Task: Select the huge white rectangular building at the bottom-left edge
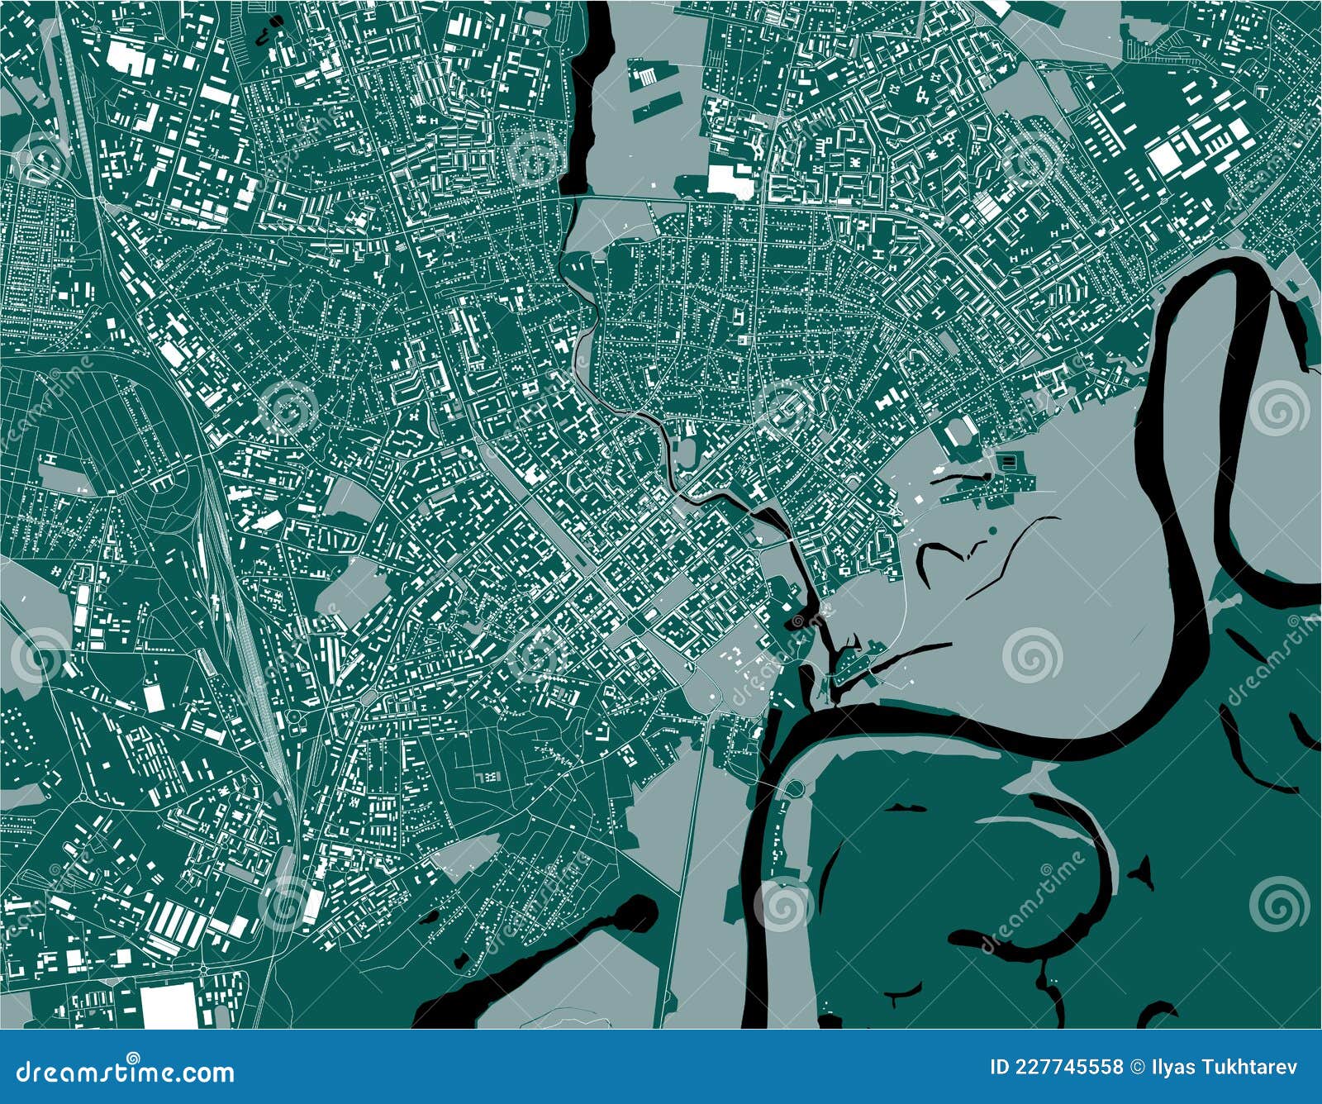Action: pyautogui.click(x=169, y=1005)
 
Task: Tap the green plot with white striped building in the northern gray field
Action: pyautogui.click(x=644, y=75)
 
